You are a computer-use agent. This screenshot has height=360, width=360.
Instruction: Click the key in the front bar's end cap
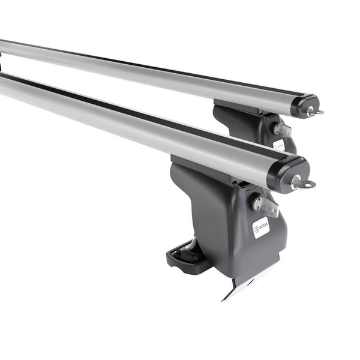tap(302, 183)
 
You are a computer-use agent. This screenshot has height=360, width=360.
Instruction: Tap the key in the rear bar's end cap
tap(313, 112)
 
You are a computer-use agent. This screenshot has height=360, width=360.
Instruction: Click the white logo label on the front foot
tap(260, 226)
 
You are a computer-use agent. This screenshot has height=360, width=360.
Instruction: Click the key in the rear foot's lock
tap(282, 130)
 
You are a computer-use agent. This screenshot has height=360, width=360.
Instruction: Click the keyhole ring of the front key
tap(308, 184)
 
